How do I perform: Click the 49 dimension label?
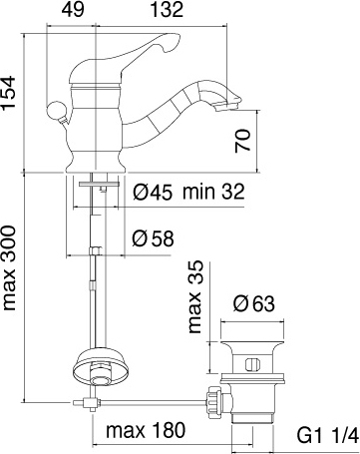click(73, 10)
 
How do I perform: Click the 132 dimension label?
click(167, 10)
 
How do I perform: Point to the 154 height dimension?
click(8, 92)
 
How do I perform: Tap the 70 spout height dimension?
click(242, 141)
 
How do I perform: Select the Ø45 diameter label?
click(153, 192)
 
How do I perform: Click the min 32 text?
click(213, 192)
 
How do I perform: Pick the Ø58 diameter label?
click(153, 238)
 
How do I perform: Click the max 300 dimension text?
click(9, 267)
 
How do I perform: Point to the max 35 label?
click(194, 296)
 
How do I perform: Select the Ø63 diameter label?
click(254, 303)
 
